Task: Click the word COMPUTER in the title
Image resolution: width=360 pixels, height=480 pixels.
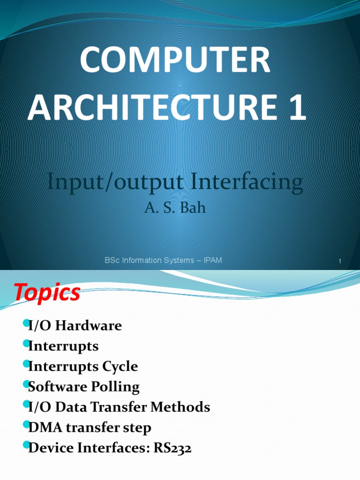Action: (x=174, y=60)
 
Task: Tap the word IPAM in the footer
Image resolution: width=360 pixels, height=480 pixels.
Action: (x=212, y=260)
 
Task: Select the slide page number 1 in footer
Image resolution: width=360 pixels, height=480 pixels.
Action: (x=339, y=261)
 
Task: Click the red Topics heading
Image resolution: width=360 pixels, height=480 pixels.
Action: (x=47, y=293)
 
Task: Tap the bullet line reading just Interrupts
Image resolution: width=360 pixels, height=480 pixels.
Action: (x=63, y=346)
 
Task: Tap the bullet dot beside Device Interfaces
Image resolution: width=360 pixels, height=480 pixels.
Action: (x=25, y=445)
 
